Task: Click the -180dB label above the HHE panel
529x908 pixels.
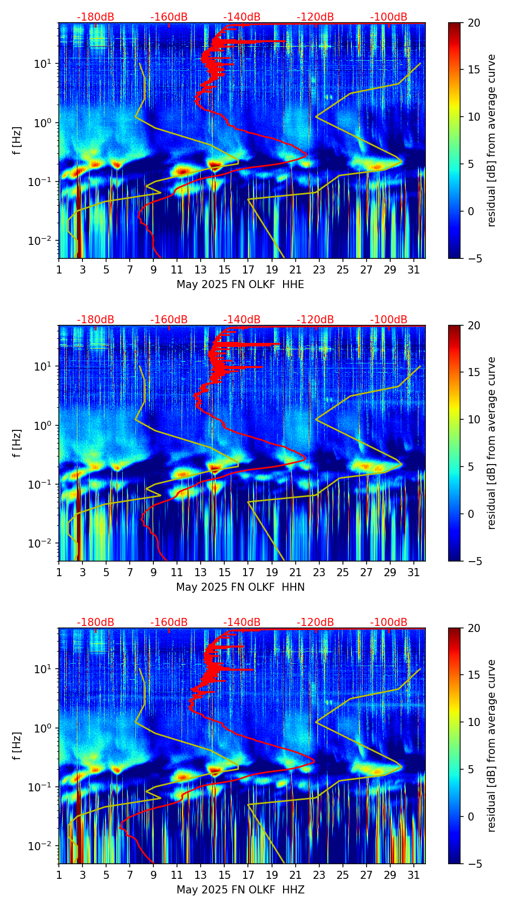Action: [96, 17]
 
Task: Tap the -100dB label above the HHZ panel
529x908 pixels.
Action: [389, 622]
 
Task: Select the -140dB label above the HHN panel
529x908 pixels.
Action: [242, 320]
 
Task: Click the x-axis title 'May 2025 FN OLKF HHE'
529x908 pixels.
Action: [240, 285]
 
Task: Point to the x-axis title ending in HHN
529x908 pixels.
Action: [240, 587]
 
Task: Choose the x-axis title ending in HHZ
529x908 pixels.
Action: [240, 890]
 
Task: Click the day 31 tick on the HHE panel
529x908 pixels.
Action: [414, 269]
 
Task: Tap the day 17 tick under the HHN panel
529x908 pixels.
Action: [248, 572]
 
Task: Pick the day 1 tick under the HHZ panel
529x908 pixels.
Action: [59, 875]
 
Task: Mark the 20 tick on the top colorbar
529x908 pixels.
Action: [474, 23]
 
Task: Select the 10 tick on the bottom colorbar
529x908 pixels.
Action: [474, 722]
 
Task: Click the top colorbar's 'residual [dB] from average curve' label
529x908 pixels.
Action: [492, 140]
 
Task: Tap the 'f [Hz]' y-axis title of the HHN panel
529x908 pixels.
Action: [17, 443]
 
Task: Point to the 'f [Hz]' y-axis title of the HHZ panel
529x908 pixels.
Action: [17, 746]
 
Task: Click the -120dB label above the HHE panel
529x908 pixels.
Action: [315, 17]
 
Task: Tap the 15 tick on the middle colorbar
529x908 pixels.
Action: [474, 373]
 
